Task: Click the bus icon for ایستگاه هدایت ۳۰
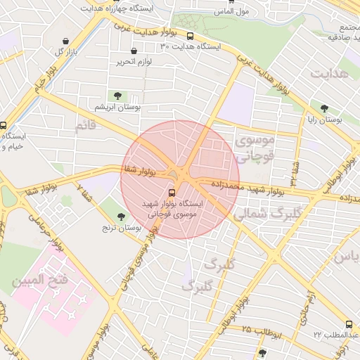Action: [190, 36]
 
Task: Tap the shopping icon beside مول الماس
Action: [223, 2]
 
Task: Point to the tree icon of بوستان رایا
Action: [324, 108]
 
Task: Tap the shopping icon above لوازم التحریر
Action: [134, 51]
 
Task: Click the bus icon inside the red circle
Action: [172, 193]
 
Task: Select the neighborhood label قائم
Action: [84, 125]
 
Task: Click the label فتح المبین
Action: [39, 280]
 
